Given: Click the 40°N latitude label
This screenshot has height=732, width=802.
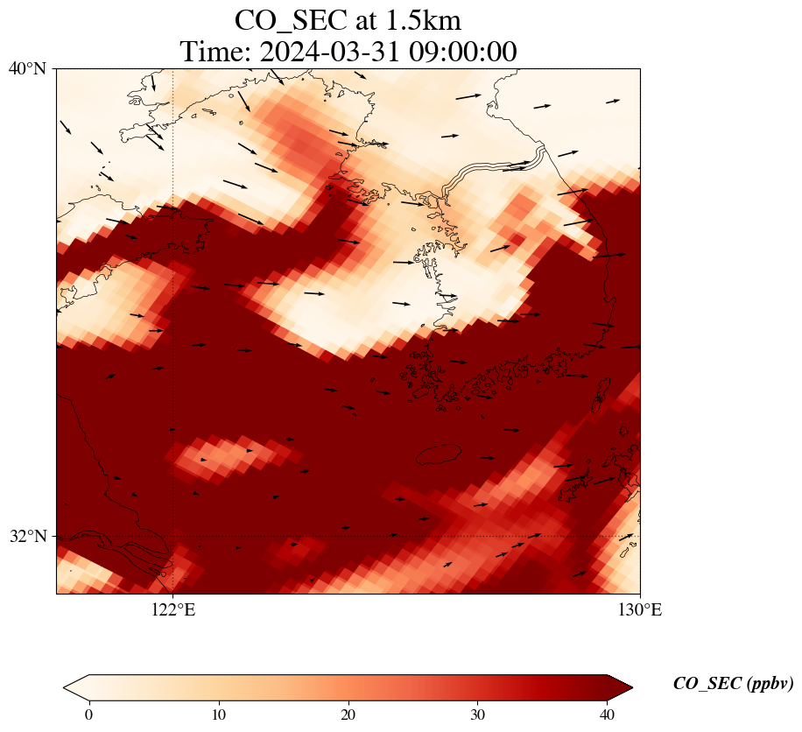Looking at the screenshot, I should pyautogui.click(x=27, y=68).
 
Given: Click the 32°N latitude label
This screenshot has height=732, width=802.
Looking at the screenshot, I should pyautogui.click(x=27, y=536).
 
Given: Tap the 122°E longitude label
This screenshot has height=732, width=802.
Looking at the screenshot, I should pyautogui.click(x=173, y=610).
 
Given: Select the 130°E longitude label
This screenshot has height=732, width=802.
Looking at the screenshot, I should pyautogui.click(x=641, y=610).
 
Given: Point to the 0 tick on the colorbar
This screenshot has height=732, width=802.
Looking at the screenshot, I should pyautogui.click(x=88, y=714).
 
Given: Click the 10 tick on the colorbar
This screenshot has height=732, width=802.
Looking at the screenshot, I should pyautogui.click(x=219, y=714).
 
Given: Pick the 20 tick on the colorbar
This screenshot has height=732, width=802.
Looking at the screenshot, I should pyautogui.click(x=348, y=714).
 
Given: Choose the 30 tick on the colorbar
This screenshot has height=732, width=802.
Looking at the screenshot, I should pyautogui.click(x=478, y=714).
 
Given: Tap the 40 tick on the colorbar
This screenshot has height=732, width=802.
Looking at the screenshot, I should pyautogui.click(x=608, y=714).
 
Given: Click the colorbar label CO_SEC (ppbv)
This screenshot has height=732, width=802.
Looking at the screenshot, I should pyautogui.click(x=733, y=684).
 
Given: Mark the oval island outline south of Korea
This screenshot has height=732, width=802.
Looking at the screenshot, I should pyautogui.click(x=439, y=454).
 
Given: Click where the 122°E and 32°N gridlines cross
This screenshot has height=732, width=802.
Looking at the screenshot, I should pyautogui.click(x=173, y=536).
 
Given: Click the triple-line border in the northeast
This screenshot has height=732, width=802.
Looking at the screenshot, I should pyautogui.click(x=495, y=171).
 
